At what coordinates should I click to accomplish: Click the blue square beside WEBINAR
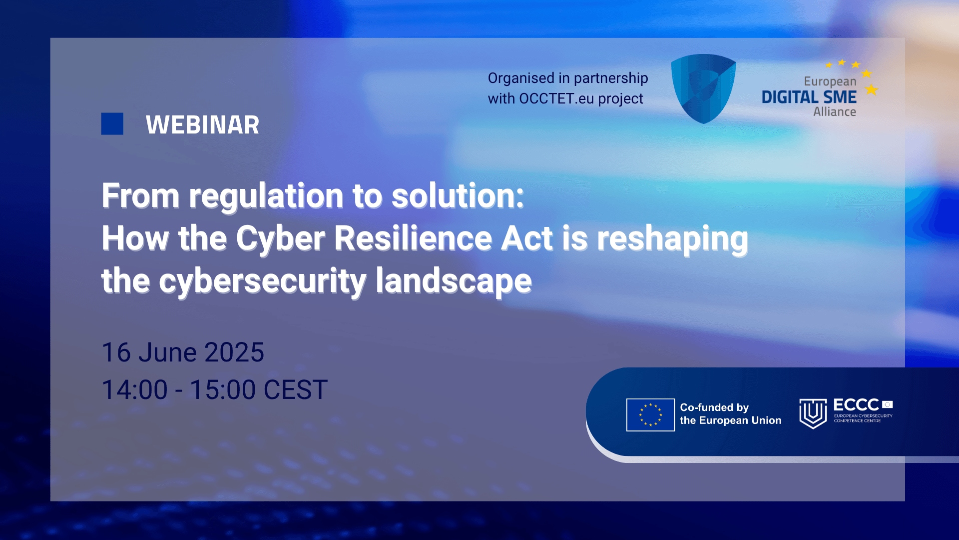pyautogui.click(x=112, y=123)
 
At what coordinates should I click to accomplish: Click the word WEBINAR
pyautogui.click(x=202, y=125)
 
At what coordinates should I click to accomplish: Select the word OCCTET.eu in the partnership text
pyautogui.click(x=556, y=99)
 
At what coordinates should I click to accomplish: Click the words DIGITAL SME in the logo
pyautogui.click(x=809, y=97)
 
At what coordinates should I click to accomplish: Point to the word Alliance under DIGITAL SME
pyautogui.click(x=834, y=112)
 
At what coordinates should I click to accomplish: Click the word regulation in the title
pyautogui.click(x=266, y=195)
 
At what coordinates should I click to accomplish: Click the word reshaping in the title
pyautogui.click(x=672, y=238)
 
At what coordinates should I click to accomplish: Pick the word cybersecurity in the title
pyautogui.click(x=262, y=281)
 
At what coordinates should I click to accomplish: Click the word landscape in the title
pyautogui.click(x=454, y=281)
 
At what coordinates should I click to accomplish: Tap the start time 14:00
pyautogui.click(x=134, y=390)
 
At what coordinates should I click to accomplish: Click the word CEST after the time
pyautogui.click(x=295, y=390)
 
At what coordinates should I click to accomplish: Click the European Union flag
pyautogui.click(x=650, y=415)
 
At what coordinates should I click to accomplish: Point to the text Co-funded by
pyautogui.click(x=714, y=407)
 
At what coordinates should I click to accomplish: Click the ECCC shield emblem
pyautogui.click(x=813, y=413)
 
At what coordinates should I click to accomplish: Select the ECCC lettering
pyautogui.click(x=856, y=405)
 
